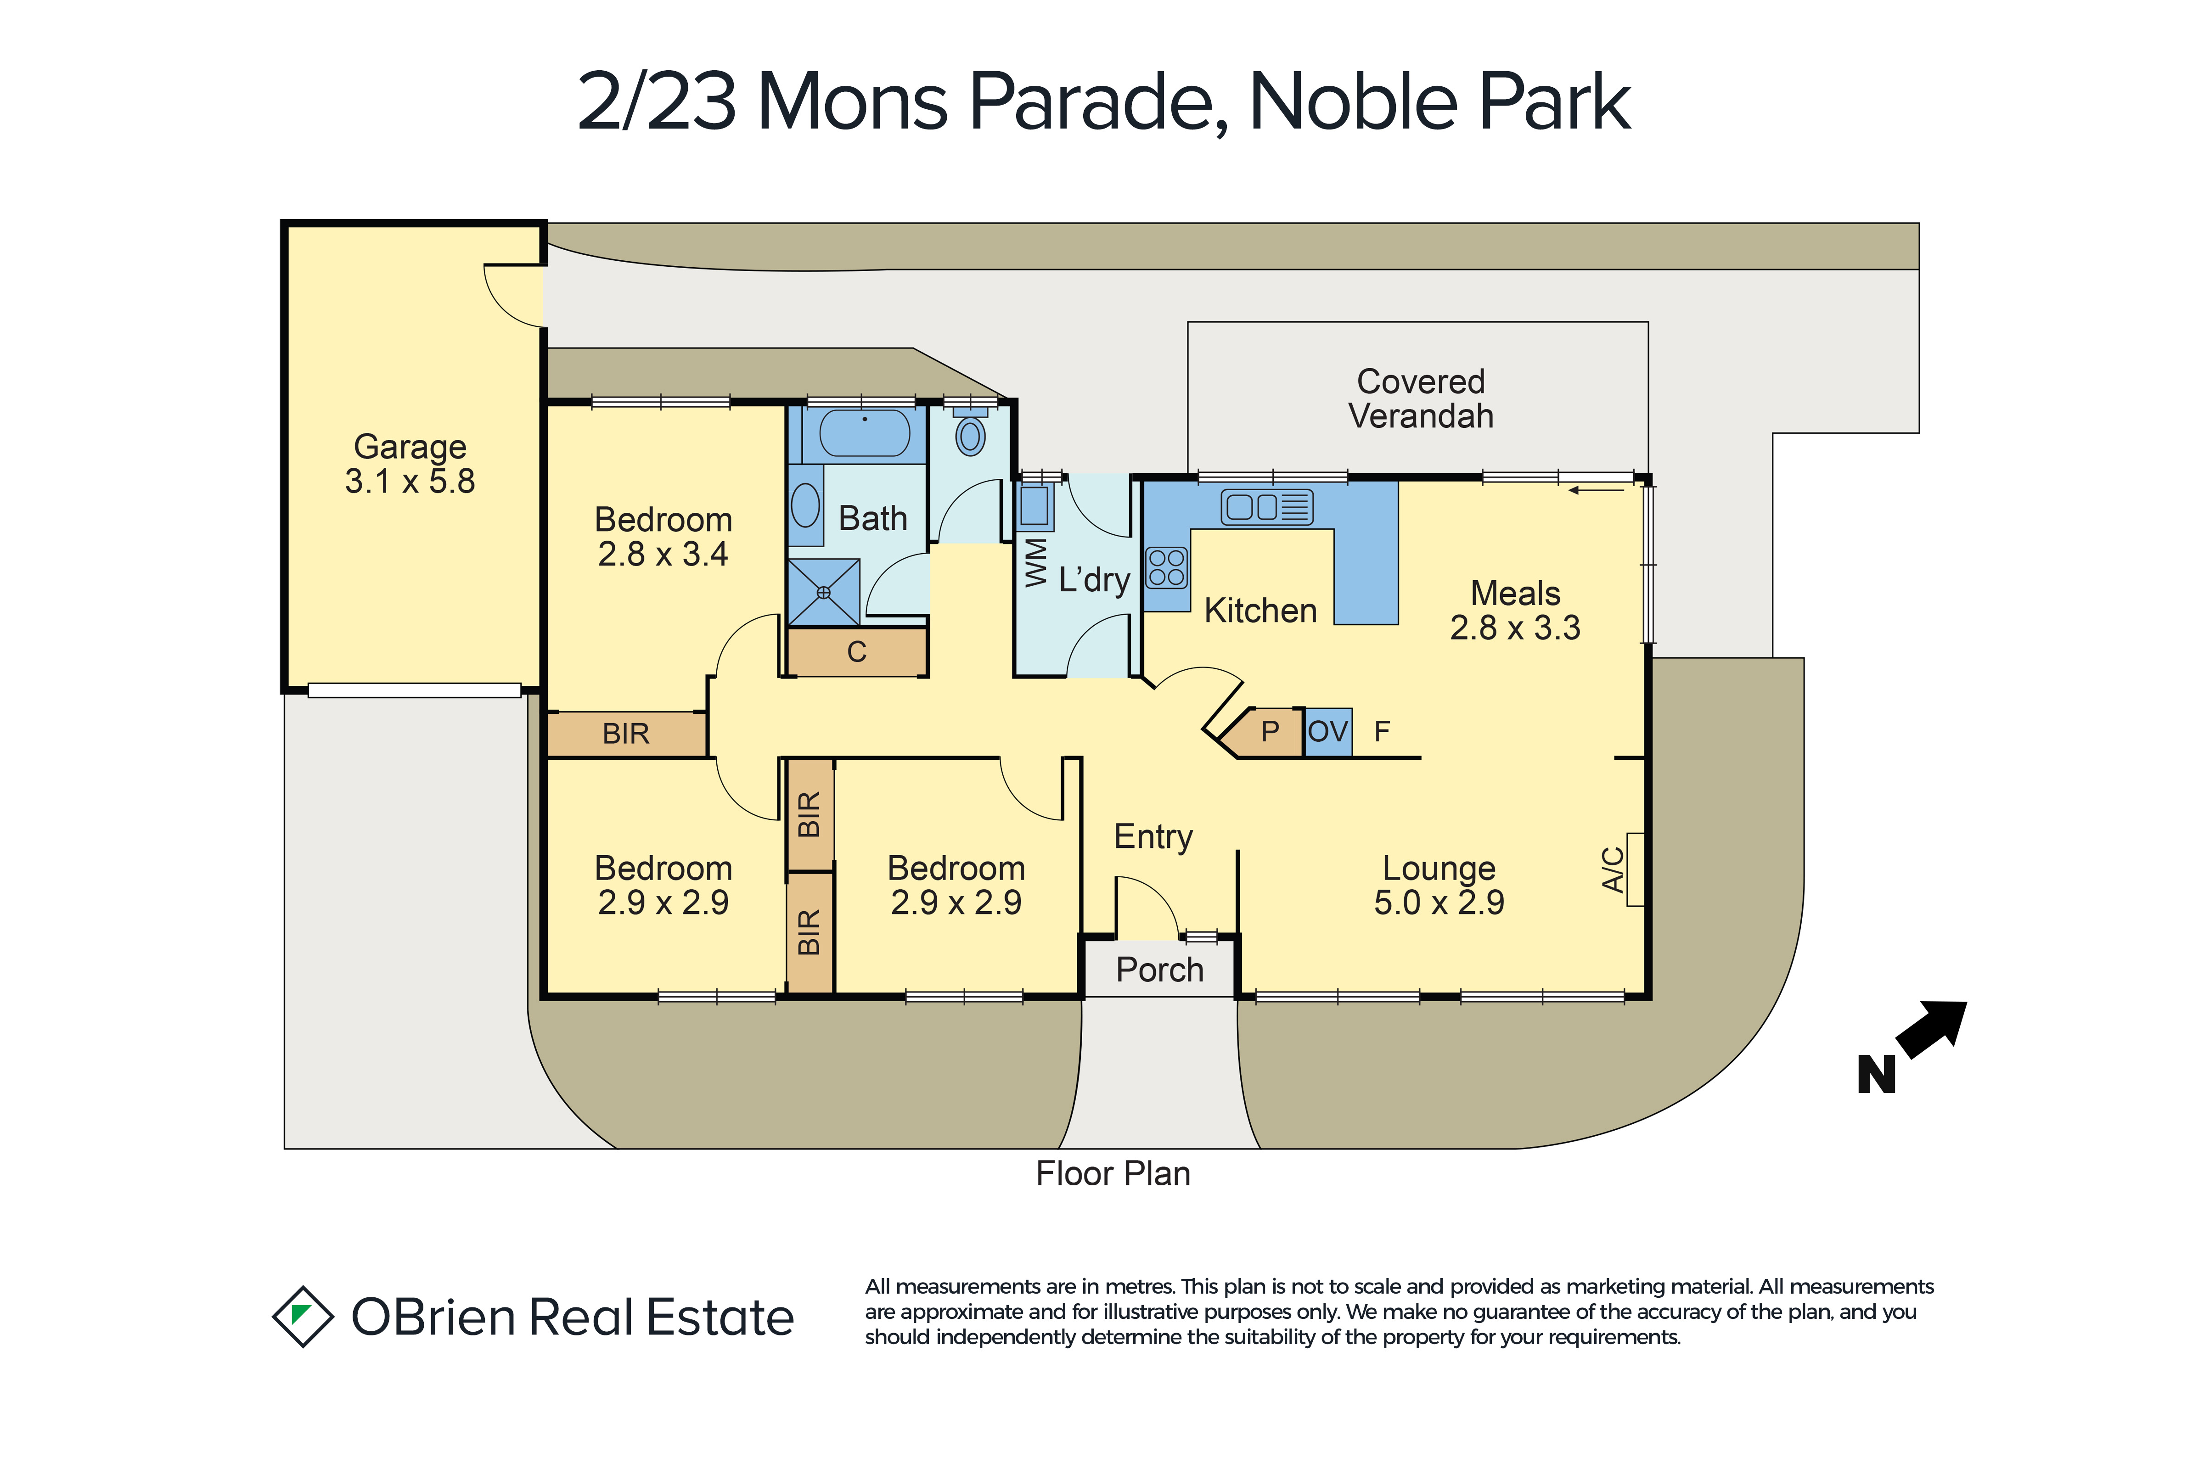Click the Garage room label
point(410,447)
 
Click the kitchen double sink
point(1267,507)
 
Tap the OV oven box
point(1328,732)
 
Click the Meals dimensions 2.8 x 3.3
point(1515,628)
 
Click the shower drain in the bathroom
point(824,592)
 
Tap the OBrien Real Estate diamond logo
point(303,1316)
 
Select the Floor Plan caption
point(1113,1174)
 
